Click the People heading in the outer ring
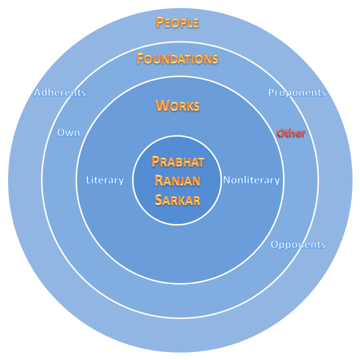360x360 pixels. [177, 22]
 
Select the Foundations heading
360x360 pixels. [177, 59]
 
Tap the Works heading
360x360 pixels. [177, 105]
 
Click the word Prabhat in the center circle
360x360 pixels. [178, 162]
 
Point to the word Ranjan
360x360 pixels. [177, 181]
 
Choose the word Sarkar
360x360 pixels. [177, 200]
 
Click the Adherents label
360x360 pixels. [60, 92]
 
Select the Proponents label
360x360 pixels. [297, 92]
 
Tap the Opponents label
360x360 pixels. [298, 244]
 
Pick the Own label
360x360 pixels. [68, 133]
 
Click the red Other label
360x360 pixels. [291, 133]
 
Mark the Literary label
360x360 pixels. [105, 180]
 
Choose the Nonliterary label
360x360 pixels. [251, 180]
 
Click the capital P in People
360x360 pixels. [160, 22]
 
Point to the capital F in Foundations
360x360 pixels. [140, 59]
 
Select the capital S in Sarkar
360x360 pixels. [158, 200]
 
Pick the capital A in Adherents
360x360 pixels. [37, 92]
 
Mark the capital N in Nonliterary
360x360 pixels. [226, 180]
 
